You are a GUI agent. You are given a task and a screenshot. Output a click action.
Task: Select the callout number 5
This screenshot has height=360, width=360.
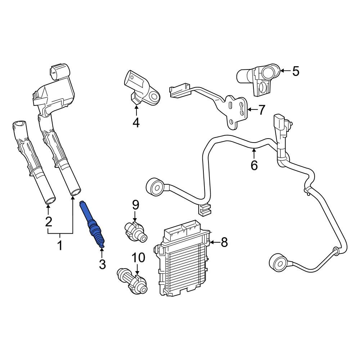[x=296, y=71]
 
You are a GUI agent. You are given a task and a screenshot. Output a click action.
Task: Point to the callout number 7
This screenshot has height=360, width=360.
[x=261, y=110]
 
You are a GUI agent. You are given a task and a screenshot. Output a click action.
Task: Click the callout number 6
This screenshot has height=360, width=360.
[x=254, y=165]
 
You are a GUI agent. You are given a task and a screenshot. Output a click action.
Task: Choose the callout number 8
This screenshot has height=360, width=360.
[x=224, y=242]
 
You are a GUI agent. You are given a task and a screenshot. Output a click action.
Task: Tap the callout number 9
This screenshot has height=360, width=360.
[x=135, y=205]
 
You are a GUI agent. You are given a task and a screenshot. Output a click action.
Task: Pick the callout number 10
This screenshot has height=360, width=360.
[x=139, y=257]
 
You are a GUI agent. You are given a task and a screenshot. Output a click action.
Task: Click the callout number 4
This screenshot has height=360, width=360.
[x=136, y=122]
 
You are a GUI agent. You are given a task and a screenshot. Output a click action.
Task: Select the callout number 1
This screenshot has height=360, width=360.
[x=60, y=245]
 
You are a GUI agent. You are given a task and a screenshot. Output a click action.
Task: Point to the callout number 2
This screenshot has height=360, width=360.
[x=49, y=221]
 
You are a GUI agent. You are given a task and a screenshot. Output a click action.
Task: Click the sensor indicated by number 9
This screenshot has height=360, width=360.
[x=135, y=233]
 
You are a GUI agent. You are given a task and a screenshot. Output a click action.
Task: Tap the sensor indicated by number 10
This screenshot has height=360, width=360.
[x=132, y=281]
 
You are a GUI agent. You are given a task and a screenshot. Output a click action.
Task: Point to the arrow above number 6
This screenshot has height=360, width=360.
[x=254, y=153]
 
